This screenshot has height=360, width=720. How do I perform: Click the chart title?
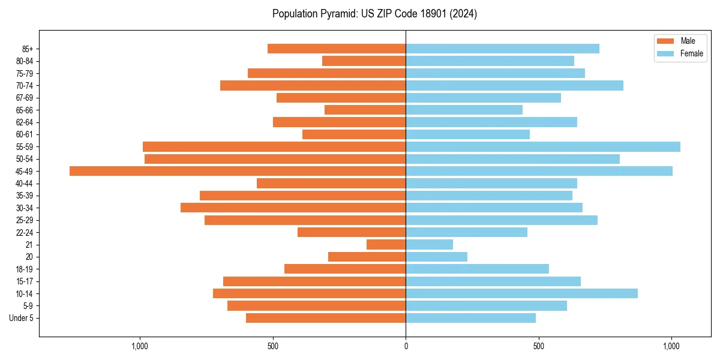(x=374, y=14)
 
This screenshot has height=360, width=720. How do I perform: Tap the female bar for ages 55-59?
(x=543, y=147)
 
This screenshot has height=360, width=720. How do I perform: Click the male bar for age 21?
(x=386, y=245)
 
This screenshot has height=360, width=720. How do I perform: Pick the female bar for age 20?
(x=436, y=257)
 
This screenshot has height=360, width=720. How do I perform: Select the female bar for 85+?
(x=502, y=49)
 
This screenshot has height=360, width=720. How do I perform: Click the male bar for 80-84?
(x=364, y=61)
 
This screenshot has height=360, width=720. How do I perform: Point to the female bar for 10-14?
(x=521, y=293)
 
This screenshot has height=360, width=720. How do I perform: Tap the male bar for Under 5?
(x=326, y=318)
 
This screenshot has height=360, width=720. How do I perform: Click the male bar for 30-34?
(x=293, y=208)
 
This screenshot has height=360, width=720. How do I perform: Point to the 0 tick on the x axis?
(x=406, y=346)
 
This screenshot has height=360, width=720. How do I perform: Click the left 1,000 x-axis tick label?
(x=140, y=346)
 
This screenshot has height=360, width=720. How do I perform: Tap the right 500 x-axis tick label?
(x=539, y=346)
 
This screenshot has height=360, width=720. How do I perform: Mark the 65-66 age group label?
(x=25, y=110)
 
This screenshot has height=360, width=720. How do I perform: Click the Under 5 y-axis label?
(x=22, y=318)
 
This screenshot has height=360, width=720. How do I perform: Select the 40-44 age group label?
(x=25, y=184)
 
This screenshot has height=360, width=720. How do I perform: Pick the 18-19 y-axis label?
(x=25, y=269)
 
